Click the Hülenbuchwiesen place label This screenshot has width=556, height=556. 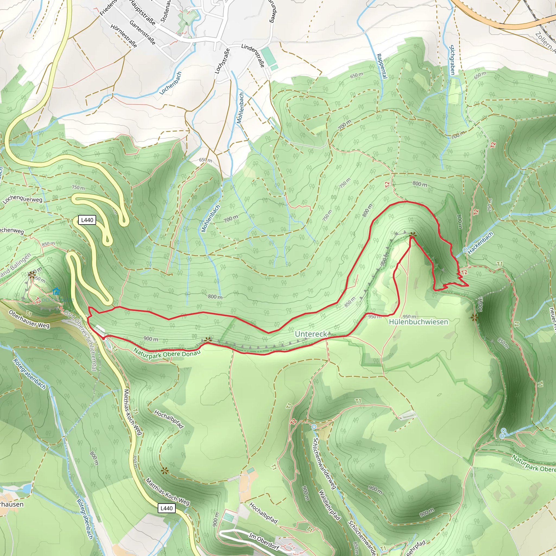418,322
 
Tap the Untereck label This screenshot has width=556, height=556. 311,334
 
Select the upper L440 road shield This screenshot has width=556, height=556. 87,220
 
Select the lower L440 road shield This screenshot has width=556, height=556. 166,508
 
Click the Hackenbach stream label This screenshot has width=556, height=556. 480,243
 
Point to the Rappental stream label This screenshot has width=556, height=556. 382,66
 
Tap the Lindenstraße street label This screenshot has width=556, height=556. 253,55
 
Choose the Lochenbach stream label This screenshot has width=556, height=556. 171,83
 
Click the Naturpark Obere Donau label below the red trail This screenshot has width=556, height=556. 167,354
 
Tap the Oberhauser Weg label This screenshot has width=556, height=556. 29,319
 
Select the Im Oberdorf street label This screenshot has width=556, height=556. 264,541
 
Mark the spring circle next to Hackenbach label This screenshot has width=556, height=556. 465,250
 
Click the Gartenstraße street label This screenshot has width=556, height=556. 143,33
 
